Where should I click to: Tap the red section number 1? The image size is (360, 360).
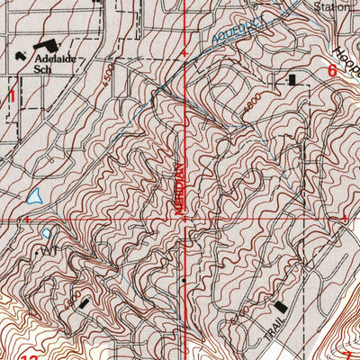tap(13, 94)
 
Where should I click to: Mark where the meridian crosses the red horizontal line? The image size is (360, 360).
tap(186, 218)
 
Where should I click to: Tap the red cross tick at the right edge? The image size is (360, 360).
tap(345, 218)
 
